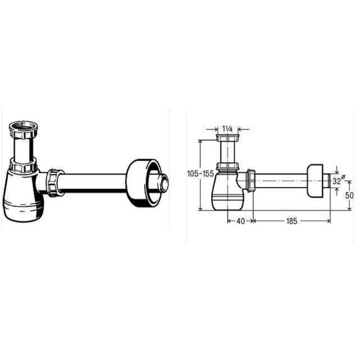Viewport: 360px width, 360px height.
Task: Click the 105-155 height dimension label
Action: [x=201, y=174]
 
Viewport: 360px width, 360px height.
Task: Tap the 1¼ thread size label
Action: [x=227, y=130]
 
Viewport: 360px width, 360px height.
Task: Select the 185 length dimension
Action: [x=292, y=221]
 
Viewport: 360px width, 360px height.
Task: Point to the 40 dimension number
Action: [x=240, y=221]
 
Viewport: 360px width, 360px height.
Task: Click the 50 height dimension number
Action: [x=349, y=195]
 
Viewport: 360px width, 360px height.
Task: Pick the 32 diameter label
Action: [x=338, y=181]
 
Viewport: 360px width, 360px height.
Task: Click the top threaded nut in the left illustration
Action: [x=24, y=130]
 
